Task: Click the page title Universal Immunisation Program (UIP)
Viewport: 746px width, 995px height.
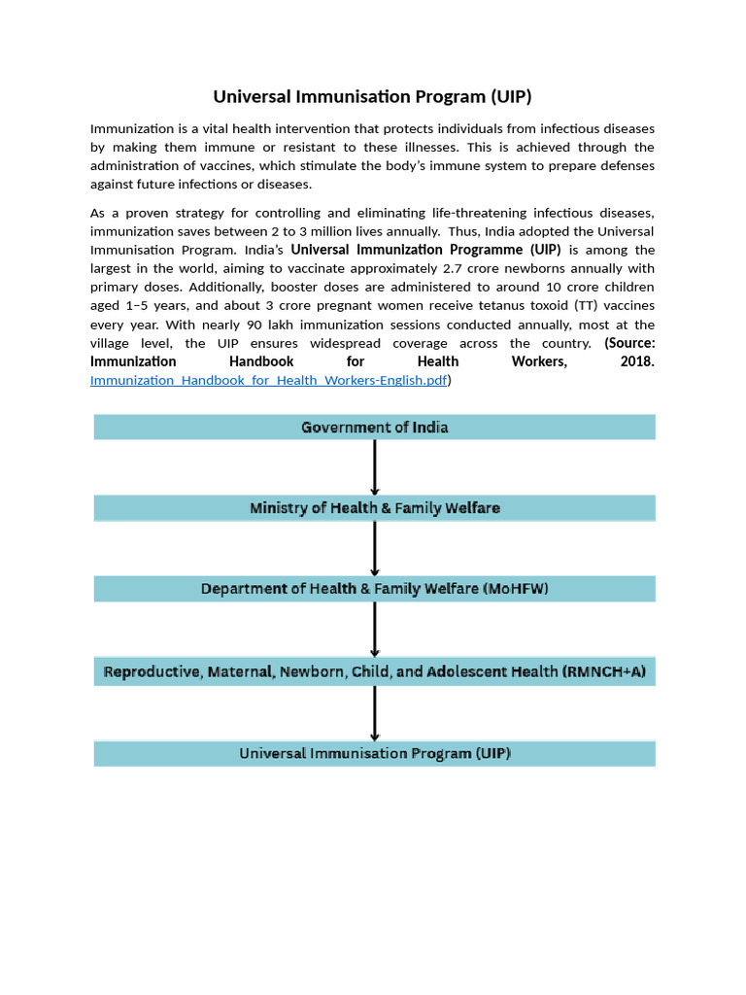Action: pyautogui.click(x=373, y=97)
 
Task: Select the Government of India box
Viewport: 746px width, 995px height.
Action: pyautogui.click(x=374, y=428)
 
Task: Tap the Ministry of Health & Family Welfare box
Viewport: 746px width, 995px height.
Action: pyautogui.click(x=374, y=508)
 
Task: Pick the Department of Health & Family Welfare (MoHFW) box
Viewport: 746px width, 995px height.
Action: pyautogui.click(x=374, y=589)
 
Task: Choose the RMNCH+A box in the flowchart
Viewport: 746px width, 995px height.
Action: pyautogui.click(x=374, y=671)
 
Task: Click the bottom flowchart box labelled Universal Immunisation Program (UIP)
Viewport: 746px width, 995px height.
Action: pyautogui.click(x=374, y=754)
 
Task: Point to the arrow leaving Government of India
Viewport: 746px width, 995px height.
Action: pyautogui.click(x=375, y=467)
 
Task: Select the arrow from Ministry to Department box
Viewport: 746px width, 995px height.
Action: pyautogui.click(x=375, y=548)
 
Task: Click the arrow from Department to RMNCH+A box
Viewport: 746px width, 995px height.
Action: pyautogui.click(x=375, y=630)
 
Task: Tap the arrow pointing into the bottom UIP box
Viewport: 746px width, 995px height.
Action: pyautogui.click(x=375, y=713)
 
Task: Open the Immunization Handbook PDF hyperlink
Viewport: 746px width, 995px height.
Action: pyautogui.click(x=268, y=381)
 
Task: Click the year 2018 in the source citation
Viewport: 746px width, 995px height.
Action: pyautogui.click(x=636, y=361)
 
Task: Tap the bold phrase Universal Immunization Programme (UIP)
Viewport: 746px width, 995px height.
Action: pyautogui.click(x=425, y=250)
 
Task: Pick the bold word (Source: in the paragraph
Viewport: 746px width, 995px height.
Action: pyautogui.click(x=629, y=343)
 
